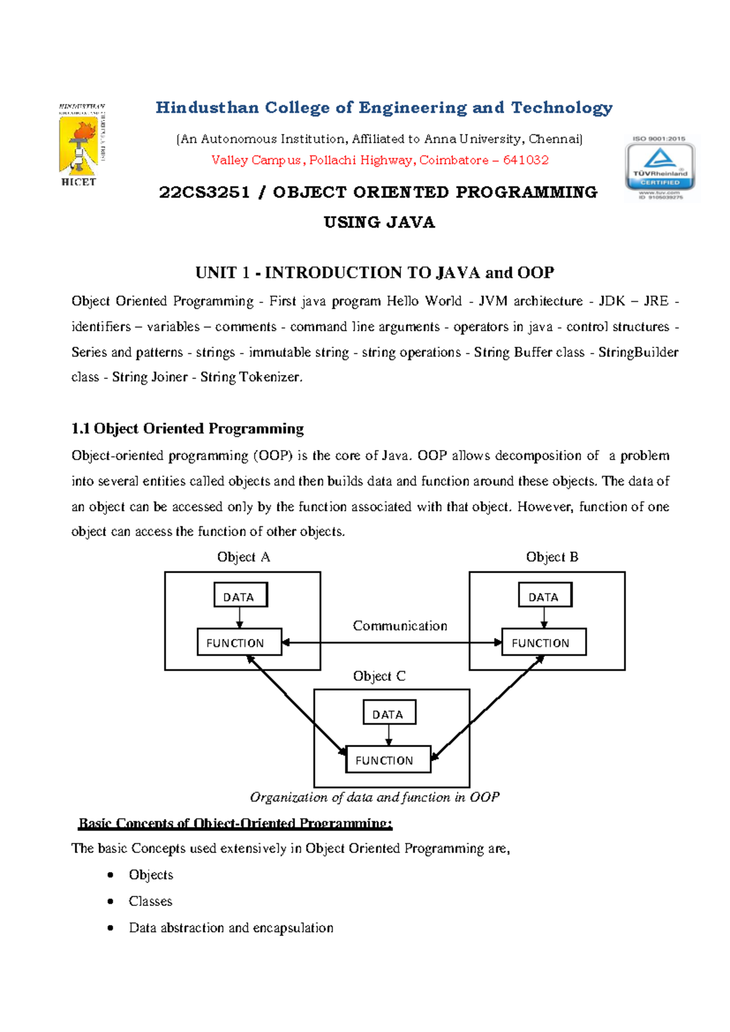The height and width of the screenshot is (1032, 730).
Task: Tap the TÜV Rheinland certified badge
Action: click(x=660, y=168)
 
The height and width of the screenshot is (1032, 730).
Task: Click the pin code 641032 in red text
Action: click(x=526, y=160)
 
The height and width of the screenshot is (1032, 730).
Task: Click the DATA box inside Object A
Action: click(x=240, y=595)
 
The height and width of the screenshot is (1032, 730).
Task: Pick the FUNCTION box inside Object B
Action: click(x=543, y=643)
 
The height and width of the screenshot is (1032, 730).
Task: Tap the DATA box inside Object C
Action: click(x=389, y=713)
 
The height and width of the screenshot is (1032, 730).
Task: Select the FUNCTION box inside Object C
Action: click(x=388, y=760)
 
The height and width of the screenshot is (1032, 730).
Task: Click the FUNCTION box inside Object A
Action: click(x=239, y=643)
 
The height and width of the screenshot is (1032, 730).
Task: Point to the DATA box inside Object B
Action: click(x=545, y=595)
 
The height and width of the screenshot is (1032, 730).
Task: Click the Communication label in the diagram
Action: click(x=400, y=626)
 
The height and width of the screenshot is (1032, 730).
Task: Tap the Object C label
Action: click(x=379, y=676)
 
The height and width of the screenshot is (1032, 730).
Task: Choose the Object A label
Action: click(x=243, y=557)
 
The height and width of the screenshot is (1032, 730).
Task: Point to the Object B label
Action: click(x=552, y=557)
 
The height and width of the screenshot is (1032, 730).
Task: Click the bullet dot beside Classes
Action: click(x=110, y=901)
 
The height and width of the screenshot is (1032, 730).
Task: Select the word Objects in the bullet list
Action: click(x=151, y=874)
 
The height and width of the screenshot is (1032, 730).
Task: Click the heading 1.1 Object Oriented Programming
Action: click(x=187, y=428)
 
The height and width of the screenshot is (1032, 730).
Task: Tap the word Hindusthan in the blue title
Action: click(x=207, y=108)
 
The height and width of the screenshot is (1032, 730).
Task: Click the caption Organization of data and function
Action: click(x=374, y=797)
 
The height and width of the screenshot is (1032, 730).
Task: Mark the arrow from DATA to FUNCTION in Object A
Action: click(x=240, y=618)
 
